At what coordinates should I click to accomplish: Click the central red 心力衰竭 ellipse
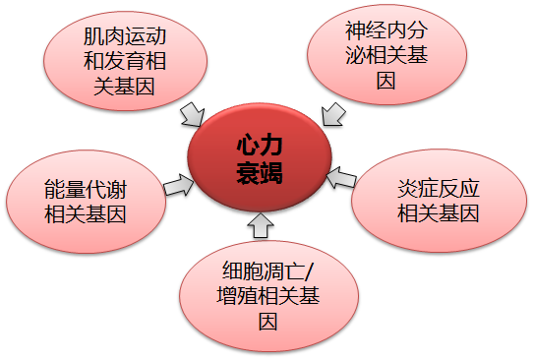[260, 157]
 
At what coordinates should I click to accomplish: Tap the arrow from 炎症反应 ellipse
[340, 178]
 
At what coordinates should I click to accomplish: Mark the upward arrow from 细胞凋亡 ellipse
[260, 226]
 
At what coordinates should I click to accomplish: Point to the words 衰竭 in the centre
[259, 173]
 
